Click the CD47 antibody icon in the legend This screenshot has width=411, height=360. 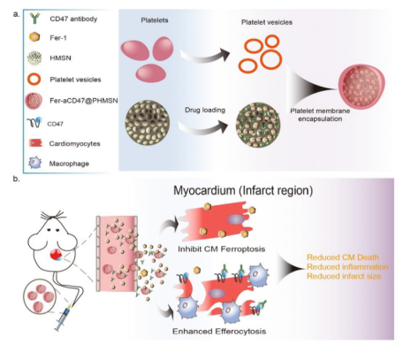point(34,19)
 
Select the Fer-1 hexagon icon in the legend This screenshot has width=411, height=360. point(34,37)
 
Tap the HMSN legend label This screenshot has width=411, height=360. point(60,58)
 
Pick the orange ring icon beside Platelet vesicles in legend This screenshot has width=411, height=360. point(34,79)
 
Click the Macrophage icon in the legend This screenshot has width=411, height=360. point(34,163)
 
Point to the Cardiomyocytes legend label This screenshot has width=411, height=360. point(74,143)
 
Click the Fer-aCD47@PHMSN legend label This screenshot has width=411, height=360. point(84,101)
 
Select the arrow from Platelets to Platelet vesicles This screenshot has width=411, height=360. point(205,56)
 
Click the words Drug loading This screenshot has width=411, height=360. point(205,111)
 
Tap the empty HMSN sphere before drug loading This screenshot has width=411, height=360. point(147,123)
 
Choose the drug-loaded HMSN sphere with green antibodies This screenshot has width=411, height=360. point(258,125)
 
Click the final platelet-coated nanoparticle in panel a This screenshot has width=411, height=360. point(362,87)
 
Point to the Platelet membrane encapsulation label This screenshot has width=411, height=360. point(320,115)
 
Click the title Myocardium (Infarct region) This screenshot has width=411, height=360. point(243,190)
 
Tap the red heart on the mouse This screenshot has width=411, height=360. point(56,255)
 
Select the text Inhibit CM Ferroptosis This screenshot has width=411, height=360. point(222,249)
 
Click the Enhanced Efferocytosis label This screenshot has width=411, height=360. point(219,332)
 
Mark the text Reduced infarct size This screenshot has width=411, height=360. point(344,276)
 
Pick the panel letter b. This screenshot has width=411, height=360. point(16,179)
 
